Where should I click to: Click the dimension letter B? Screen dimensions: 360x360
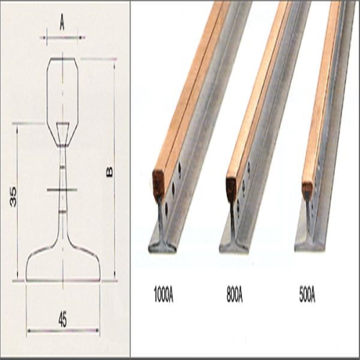click(109, 171)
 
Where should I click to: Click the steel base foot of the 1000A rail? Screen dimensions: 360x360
click(161, 245)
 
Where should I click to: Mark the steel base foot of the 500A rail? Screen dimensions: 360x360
click(307, 243)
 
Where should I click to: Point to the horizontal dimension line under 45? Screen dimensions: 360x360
click(63, 330)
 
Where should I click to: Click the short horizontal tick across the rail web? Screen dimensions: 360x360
click(62, 190)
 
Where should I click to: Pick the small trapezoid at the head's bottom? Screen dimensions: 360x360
click(63, 133)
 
